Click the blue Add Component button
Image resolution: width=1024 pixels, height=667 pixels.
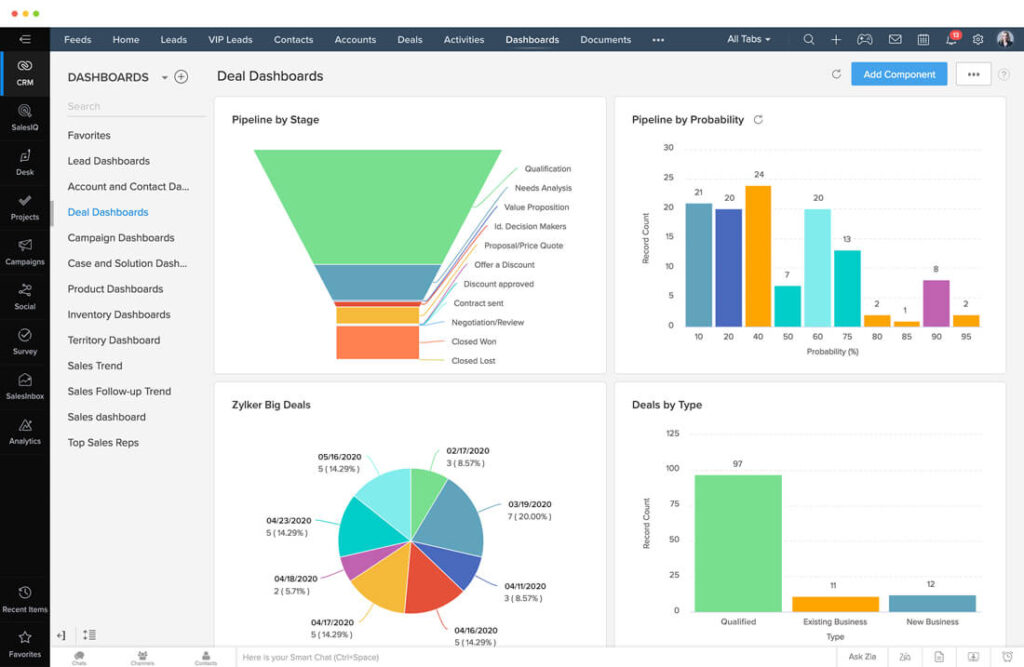coord(898,74)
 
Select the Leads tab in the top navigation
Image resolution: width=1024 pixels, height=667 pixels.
coord(173,40)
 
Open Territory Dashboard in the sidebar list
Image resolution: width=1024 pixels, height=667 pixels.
coord(113,340)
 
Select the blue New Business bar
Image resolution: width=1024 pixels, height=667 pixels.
coord(931,603)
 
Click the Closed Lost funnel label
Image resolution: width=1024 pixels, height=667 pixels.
coord(473,361)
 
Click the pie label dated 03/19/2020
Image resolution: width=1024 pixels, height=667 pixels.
coord(530,505)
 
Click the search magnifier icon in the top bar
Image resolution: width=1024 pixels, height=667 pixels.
coord(808,40)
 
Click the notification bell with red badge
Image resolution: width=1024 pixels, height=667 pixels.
coord(950,40)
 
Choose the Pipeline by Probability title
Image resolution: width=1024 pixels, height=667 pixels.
coord(687,120)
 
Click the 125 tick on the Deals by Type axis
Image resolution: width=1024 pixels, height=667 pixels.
coord(672,433)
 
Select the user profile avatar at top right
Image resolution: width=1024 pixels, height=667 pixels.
coord(1004,40)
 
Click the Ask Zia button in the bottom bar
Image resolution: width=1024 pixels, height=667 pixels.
coord(861,657)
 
